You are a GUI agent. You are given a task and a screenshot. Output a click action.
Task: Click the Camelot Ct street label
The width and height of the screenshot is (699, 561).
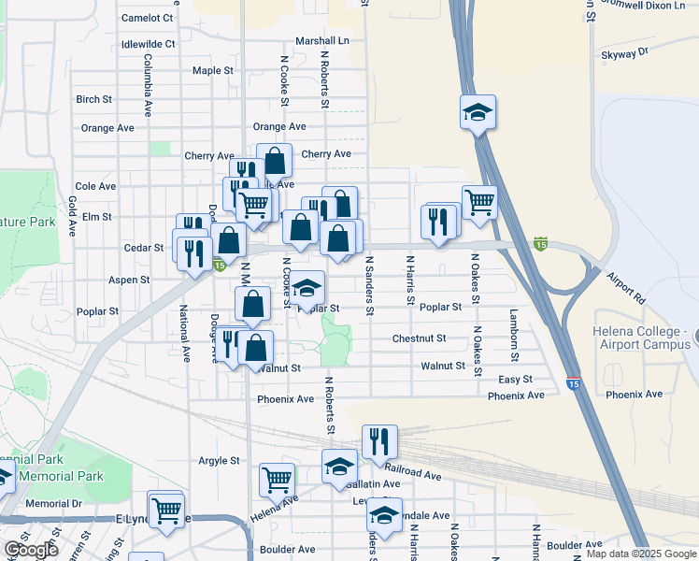tap(148, 18)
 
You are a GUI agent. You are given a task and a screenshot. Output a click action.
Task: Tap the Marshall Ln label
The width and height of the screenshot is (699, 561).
tap(321, 41)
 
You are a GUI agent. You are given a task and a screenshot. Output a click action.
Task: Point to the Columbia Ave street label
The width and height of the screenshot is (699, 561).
tap(148, 84)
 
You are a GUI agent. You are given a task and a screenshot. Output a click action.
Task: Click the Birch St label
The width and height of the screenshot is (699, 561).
tap(94, 99)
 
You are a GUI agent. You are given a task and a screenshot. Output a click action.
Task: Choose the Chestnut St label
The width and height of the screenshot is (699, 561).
tap(419, 338)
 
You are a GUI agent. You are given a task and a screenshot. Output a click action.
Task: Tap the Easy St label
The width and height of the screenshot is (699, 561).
tap(515, 380)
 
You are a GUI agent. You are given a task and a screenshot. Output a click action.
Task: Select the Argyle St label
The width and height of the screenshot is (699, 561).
tap(219, 461)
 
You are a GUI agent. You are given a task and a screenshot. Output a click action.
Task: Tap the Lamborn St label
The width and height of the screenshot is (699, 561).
tap(513, 331)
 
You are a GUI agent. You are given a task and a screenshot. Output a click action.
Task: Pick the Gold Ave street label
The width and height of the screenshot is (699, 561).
tap(71, 214)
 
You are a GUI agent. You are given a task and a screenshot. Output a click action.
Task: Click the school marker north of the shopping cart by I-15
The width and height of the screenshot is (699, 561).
tap(478, 114)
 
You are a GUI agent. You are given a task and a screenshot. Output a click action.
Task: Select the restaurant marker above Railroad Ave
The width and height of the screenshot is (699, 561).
tap(379, 440)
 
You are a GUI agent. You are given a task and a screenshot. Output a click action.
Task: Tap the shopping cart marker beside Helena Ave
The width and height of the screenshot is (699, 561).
tap(277, 480)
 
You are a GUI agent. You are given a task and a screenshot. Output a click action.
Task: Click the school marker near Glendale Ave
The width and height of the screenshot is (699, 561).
tap(383, 513)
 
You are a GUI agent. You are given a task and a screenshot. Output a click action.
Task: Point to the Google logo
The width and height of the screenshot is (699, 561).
tap(31, 551)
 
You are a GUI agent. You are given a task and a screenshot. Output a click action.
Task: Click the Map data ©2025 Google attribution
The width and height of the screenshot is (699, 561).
tap(641, 554)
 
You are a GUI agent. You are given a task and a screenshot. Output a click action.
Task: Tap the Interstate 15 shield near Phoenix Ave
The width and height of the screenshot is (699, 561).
tap(574, 383)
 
